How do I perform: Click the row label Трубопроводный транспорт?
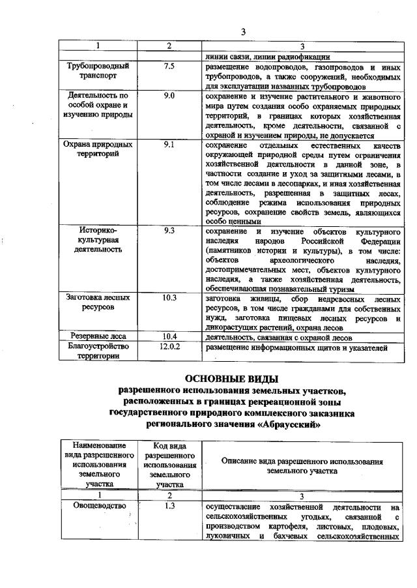click(x=98, y=70)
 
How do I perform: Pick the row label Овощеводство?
click(x=98, y=505)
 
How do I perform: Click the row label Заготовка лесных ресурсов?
click(x=98, y=301)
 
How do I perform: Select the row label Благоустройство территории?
click(x=98, y=351)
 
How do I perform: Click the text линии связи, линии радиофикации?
click(x=259, y=57)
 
